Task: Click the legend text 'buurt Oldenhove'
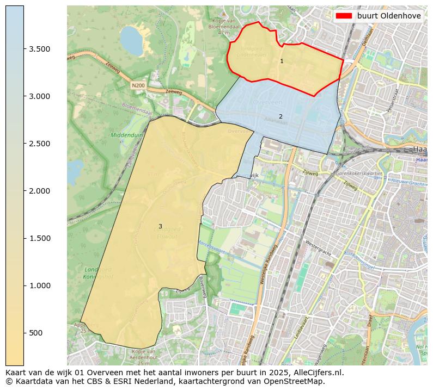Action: coord(389,16)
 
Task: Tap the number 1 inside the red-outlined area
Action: coord(282,61)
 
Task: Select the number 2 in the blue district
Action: coord(280,116)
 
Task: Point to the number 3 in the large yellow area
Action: coord(160,226)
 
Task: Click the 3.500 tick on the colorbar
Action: coord(39,49)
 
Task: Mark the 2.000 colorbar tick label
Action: coord(39,191)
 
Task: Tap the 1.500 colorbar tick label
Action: coord(39,238)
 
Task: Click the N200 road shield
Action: coord(138,85)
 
